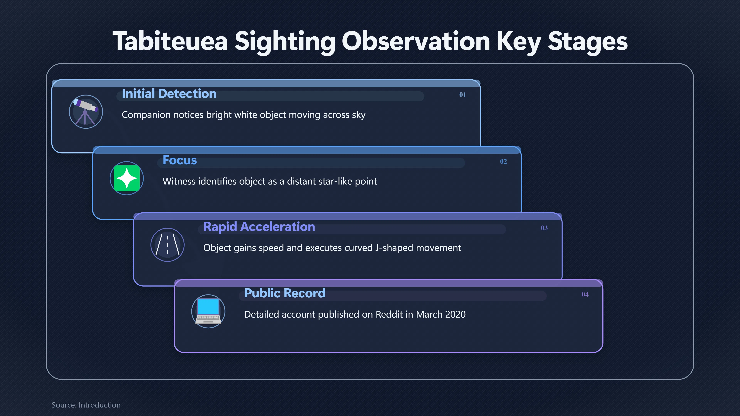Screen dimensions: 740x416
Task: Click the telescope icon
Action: [86, 112]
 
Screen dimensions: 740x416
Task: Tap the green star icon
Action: [127, 178]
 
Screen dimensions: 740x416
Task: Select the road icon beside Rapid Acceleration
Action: [167, 245]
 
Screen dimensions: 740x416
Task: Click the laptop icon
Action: [208, 311]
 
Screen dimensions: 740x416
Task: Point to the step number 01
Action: [462, 95]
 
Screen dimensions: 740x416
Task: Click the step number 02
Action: [503, 161]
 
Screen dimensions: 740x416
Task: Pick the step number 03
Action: [544, 228]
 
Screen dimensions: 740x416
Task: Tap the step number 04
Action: [585, 294]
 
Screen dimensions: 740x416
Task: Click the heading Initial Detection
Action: [169, 94]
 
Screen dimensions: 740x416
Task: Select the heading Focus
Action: [180, 160]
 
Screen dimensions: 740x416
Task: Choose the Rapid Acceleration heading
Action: [259, 227]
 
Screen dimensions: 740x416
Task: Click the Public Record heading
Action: [285, 293]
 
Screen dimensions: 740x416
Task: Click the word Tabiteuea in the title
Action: [170, 41]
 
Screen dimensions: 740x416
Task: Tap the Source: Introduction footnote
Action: [86, 405]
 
